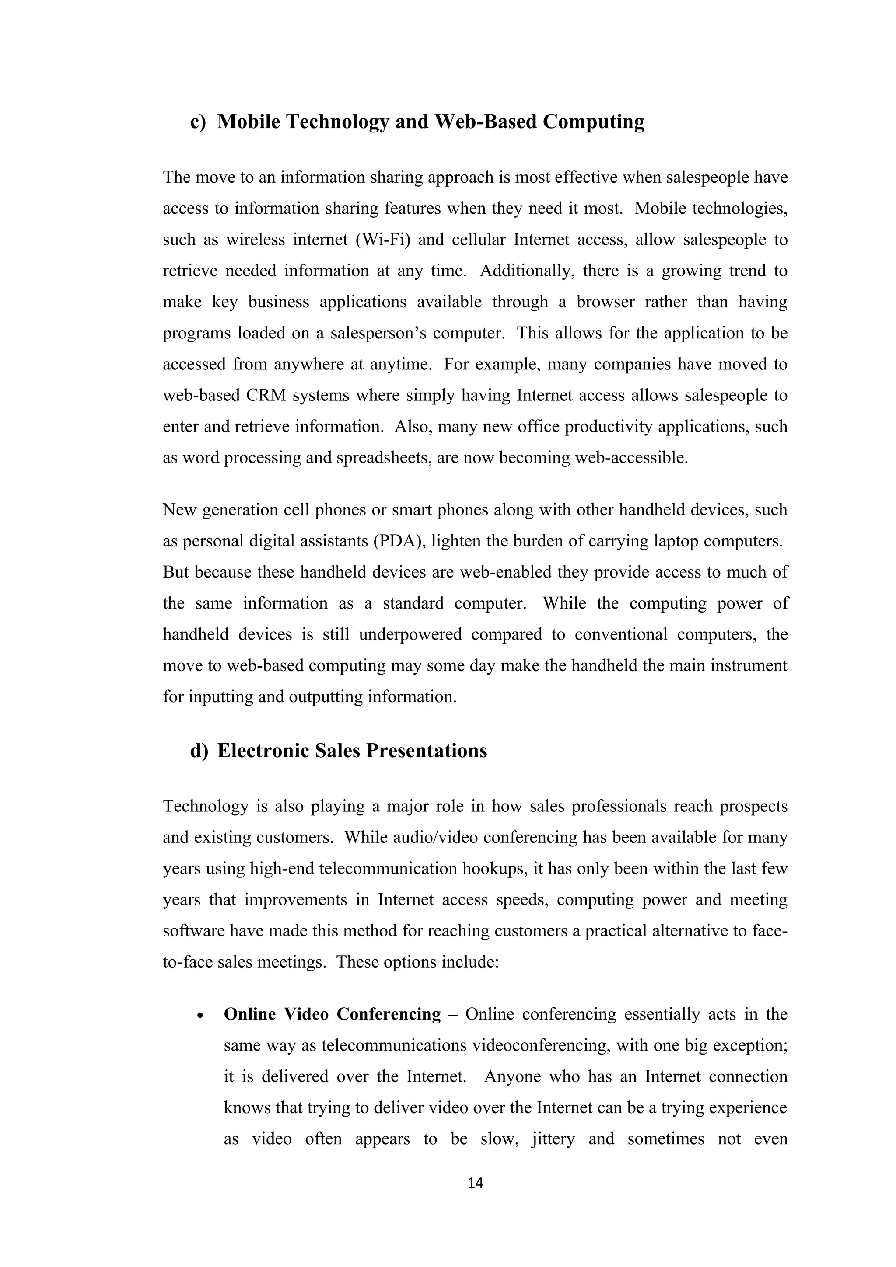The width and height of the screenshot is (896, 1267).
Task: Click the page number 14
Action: point(475,1183)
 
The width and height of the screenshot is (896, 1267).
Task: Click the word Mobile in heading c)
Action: point(248,122)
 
